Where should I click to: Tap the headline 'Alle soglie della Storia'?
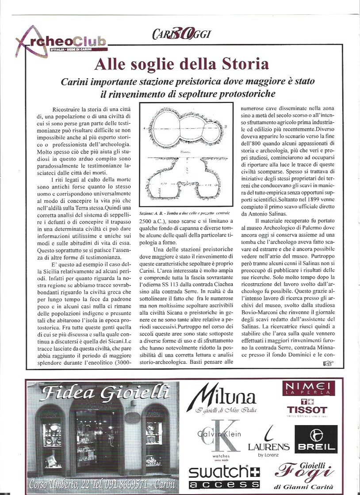tap(181, 64)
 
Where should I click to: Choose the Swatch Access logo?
tap(224, 477)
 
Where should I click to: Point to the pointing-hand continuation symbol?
tap(328, 363)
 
